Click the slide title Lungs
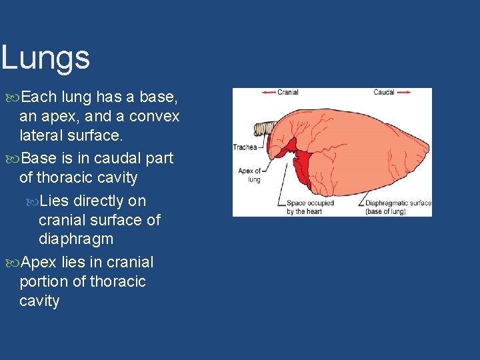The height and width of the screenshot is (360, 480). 45,58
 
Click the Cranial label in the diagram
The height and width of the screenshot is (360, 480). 287,93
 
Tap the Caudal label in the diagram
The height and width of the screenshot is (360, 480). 383,93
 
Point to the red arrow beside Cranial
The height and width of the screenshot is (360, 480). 267,93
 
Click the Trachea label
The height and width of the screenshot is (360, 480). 245,147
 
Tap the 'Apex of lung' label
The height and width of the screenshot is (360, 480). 249,175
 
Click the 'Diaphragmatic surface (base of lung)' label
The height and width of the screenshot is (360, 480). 398,207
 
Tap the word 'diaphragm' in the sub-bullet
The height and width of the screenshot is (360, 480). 76,239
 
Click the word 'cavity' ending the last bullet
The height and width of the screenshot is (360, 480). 39,301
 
